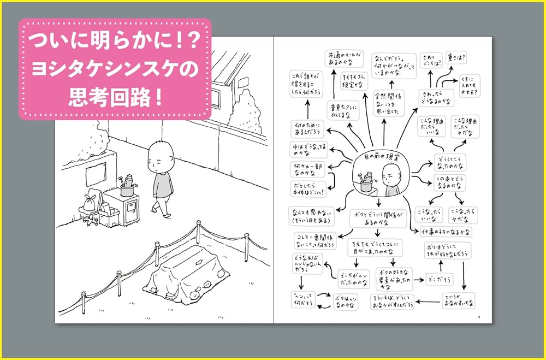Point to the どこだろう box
pyautogui.click(x=439, y=279)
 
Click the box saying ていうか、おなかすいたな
pyautogui.click(x=458, y=299)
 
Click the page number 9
pyautogui.click(x=478, y=317)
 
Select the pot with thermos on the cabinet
pyautogui.click(x=127, y=186)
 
